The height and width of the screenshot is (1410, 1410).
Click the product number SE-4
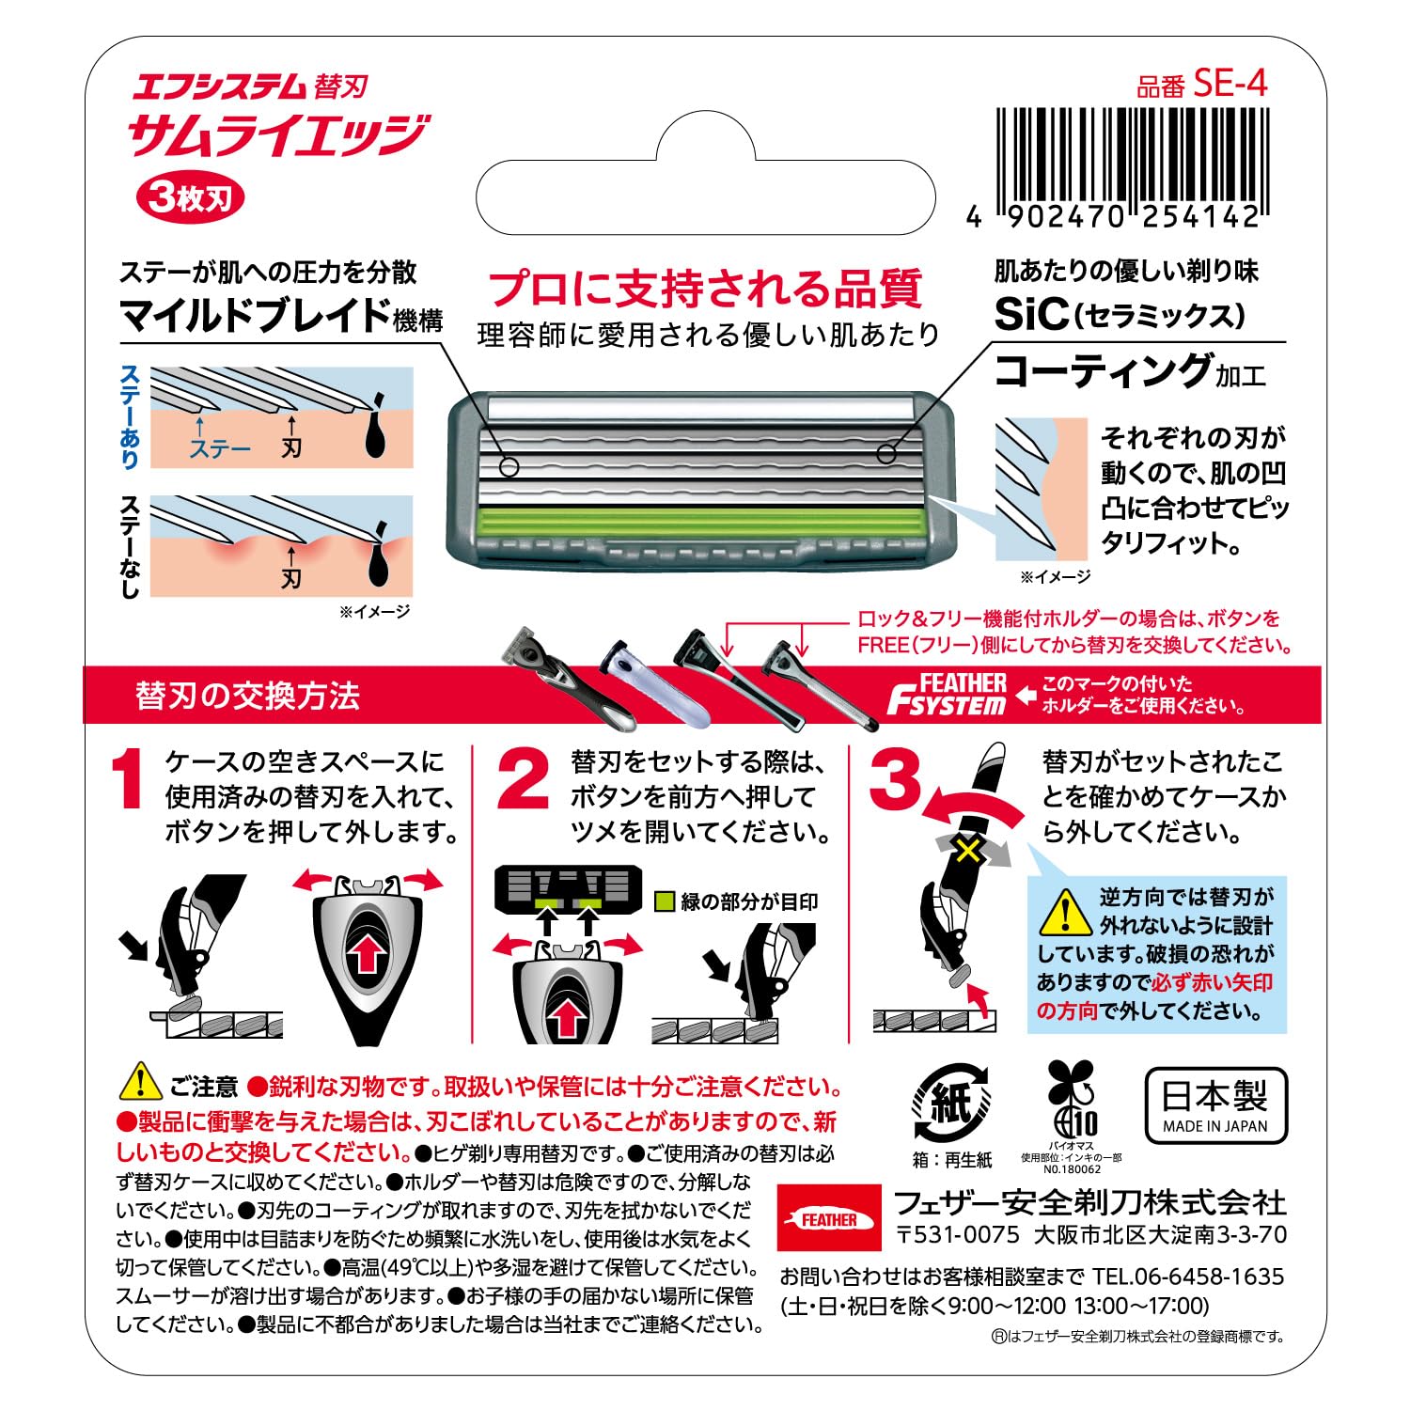[1230, 85]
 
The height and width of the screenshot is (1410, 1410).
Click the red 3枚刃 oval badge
[191, 198]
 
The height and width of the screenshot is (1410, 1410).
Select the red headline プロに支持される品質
[706, 289]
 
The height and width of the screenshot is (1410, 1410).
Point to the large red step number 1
[126, 779]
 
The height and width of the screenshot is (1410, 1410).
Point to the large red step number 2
[523, 779]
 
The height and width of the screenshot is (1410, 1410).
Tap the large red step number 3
[896, 779]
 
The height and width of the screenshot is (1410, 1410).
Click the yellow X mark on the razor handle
[968, 852]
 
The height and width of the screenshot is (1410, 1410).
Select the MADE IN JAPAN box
[1214, 1105]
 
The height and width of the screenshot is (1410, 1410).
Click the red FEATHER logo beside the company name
[829, 1219]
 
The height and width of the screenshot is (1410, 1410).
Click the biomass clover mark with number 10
[1072, 1100]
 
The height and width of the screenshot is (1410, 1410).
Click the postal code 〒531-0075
[957, 1234]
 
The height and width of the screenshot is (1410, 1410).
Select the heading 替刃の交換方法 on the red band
[247, 697]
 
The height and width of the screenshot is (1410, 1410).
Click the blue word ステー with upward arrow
[220, 448]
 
